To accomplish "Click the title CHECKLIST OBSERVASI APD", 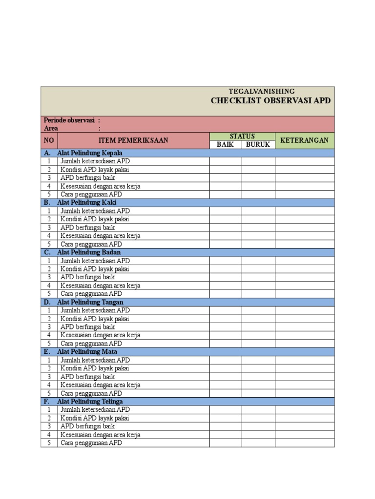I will [x=271, y=101].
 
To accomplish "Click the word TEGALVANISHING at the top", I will [x=262, y=91].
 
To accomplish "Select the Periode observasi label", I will [x=69, y=120].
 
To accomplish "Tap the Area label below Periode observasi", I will [x=51, y=128].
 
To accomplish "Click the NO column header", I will [x=49, y=140].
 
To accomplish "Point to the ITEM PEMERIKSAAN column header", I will [x=133, y=140].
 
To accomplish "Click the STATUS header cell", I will [x=242, y=136].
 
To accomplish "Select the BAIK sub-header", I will [x=226, y=145].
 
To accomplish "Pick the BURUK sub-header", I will [x=258, y=145].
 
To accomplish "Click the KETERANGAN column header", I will [x=304, y=140].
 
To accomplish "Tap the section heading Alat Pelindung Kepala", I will [x=90, y=153].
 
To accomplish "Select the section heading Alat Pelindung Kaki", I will [x=87, y=202].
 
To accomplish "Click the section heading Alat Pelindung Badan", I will [x=89, y=252].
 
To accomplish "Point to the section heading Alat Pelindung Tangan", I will [x=90, y=302].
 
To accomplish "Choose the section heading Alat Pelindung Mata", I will [x=87, y=352].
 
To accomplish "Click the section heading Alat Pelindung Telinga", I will [x=90, y=402].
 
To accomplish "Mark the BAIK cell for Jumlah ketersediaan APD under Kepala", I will [x=226, y=161].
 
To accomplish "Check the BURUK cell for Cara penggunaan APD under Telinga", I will [x=258, y=443].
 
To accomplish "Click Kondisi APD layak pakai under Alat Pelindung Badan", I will [x=95, y=269].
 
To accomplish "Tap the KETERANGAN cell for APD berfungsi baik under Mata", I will [x=304, y=377].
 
